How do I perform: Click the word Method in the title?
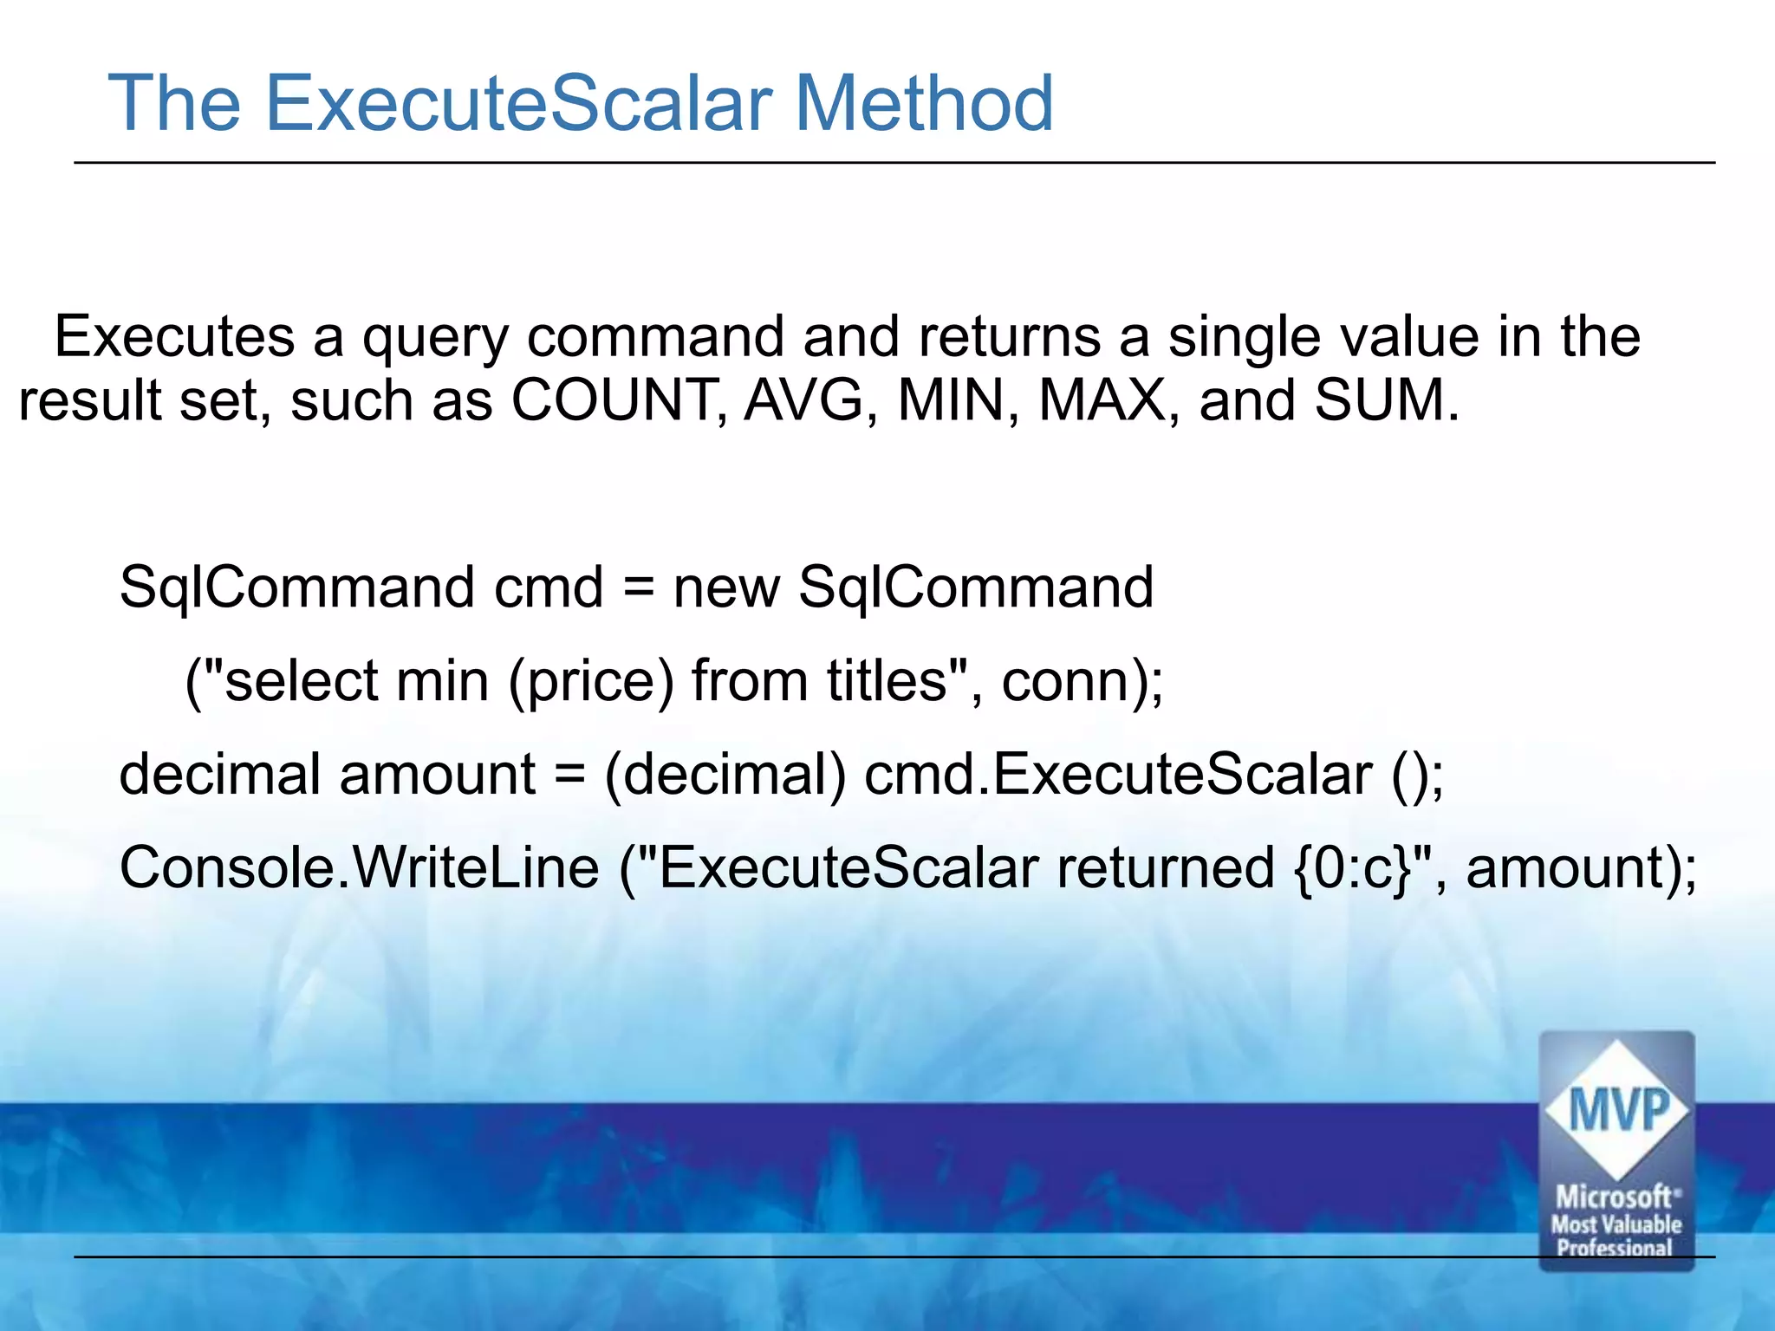924,104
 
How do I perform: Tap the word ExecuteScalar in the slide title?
518,104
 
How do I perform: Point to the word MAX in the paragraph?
1102,401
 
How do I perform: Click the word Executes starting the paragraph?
174,337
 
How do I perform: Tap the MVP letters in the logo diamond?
1618,1110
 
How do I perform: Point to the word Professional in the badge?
1615,1248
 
